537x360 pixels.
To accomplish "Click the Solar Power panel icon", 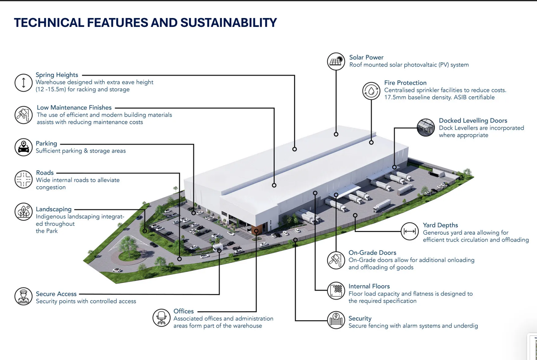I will click(x=336, y=61).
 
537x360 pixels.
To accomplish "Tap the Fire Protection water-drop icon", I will click(x=371, y=91).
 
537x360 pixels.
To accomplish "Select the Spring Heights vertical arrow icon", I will click(x=24, y=83).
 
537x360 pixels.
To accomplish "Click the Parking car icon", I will click(x=24, y=147).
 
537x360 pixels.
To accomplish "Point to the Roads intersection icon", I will click(x=24, y=179).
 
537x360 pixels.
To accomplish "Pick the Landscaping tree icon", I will click(x=24, y=211).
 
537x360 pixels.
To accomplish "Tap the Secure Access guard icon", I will click(x=24, y=296).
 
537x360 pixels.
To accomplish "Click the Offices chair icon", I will click(x=161, y=318).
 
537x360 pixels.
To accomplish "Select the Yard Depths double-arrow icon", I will click(x=409, y=231).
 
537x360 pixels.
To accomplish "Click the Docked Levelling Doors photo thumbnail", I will click(x=426, y=127).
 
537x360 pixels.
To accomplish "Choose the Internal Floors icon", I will click(x=336, y=291).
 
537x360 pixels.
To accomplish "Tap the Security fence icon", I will click(x=336, y=320).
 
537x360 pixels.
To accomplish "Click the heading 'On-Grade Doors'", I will click(x=372, y=253).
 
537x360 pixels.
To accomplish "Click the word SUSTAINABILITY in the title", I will click(x=228, y=23).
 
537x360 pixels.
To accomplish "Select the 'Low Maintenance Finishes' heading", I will click(x=74, y=108).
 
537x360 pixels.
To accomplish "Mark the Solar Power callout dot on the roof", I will click(x=336, y=134).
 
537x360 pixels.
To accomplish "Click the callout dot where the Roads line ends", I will click(x=180, y=259).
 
